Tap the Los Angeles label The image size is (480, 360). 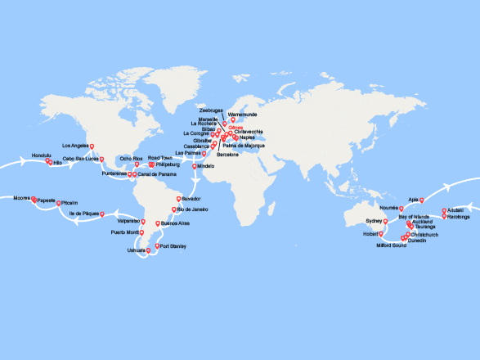click(74, 146)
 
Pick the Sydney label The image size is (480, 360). click(373, 221)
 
